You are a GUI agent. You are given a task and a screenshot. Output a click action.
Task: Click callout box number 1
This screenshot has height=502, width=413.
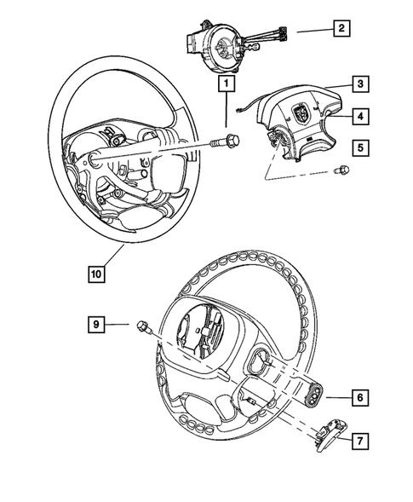pos(226,84)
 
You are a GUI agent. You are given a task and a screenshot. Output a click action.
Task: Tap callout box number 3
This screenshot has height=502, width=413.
pos(360,84)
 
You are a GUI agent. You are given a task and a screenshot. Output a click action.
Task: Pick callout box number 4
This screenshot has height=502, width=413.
pos(360,115)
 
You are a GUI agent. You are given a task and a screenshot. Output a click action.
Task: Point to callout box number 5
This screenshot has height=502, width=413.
pos(360,148)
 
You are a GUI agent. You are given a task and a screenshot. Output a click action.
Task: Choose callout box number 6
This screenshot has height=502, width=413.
pos(360,396)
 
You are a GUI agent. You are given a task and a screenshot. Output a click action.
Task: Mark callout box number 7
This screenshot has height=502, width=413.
pos(360,440)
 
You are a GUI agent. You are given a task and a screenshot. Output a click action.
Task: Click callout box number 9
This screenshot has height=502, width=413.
pos(98,324)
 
